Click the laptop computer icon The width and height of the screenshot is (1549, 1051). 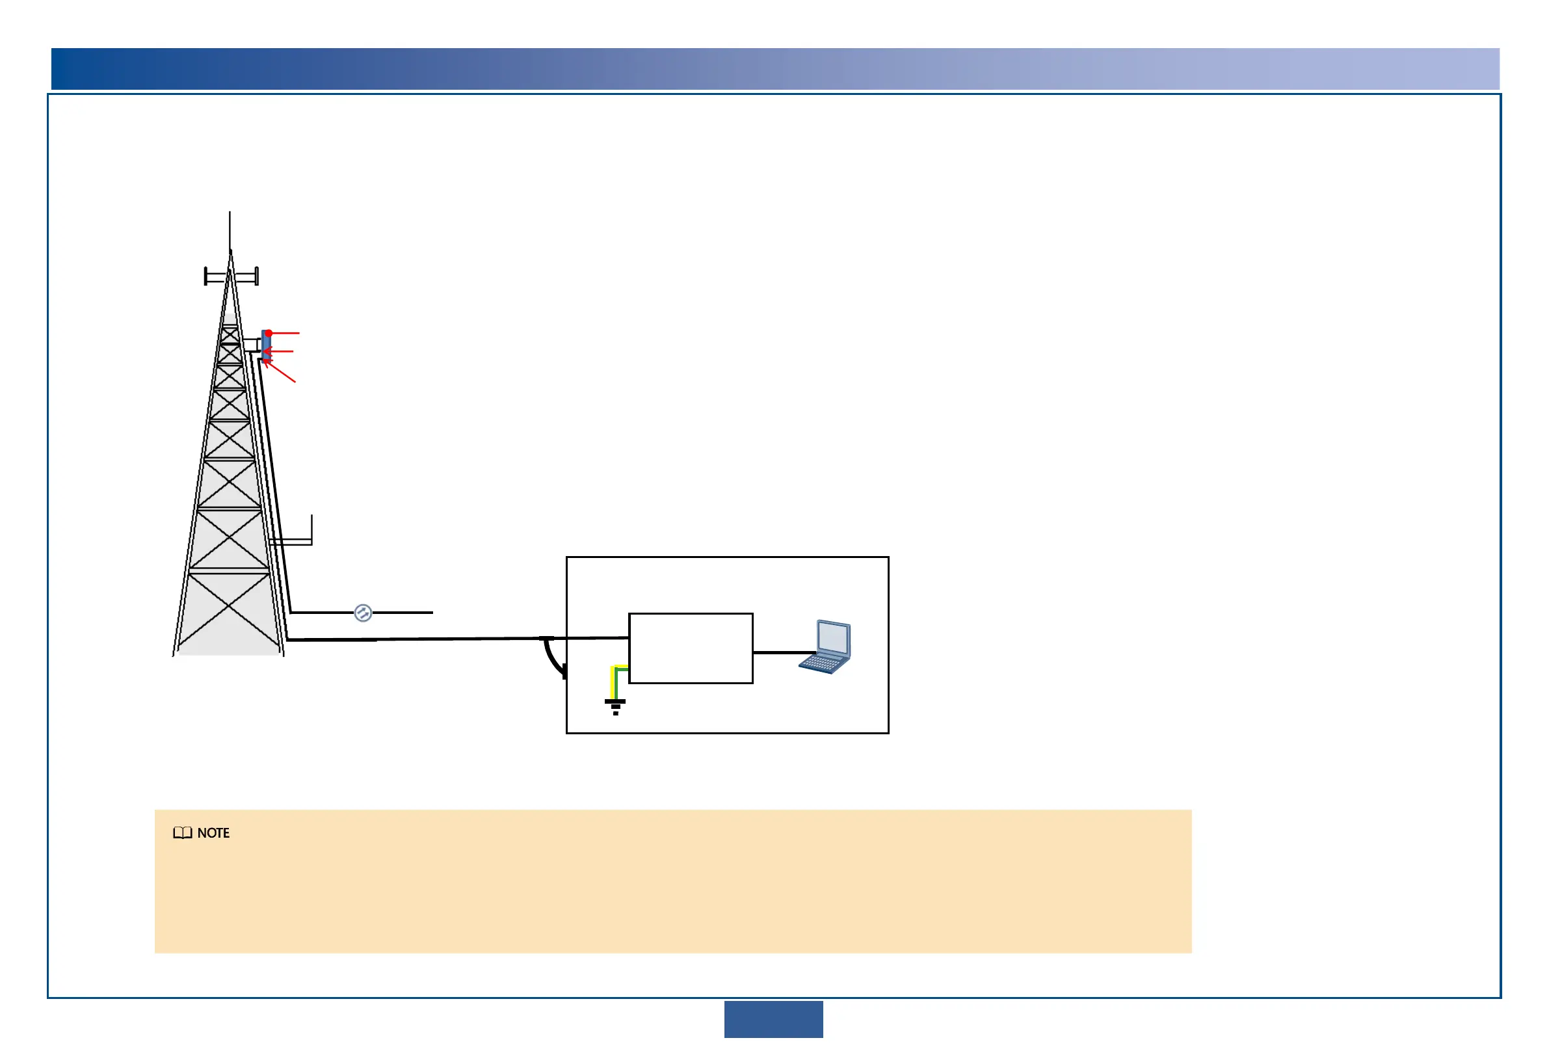coord(825,647)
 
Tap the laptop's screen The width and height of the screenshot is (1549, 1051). coord(833,639)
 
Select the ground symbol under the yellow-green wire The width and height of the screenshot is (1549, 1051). coord(615,706)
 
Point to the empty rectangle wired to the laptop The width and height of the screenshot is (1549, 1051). coord(691,648)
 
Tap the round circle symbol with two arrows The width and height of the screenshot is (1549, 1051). coord(363,613)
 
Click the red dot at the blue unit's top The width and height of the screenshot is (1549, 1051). coord(269,333)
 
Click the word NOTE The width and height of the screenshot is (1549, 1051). coord(213,833)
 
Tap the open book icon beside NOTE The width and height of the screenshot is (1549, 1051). coord(182,833)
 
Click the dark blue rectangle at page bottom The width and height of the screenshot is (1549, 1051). coord(773,1019)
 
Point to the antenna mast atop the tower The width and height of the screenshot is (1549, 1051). coord(230,230)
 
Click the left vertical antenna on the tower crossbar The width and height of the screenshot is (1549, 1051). coord(206,276)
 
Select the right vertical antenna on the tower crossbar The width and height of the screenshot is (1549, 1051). coord(257,276)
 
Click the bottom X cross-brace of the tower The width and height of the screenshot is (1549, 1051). coord(229,607)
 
